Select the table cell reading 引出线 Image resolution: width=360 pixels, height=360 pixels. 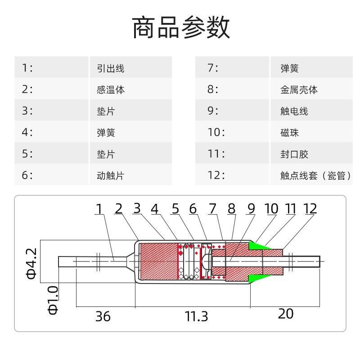pos(110,68)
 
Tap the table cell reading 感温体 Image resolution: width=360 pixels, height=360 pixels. pos(111,90)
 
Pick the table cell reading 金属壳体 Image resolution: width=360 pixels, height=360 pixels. pos(299,90)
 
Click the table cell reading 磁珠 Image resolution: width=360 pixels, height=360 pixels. pos(289,133)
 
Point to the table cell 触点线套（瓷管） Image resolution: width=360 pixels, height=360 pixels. pos(315,175)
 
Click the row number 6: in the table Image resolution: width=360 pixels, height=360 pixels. pos(27,175)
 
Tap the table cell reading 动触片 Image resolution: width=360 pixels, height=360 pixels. pos(110,175)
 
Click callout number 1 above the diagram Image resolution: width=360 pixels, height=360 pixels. pos(99,209)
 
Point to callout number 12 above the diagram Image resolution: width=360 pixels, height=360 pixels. pos(310,209)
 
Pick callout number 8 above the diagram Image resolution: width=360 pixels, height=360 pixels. pos(232,209)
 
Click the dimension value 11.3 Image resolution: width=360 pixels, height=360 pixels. pos(197,316)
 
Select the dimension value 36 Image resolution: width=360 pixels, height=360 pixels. pos(103,316)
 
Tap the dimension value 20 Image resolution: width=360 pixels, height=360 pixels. pos(285,314)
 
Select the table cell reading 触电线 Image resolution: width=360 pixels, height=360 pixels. pos(294,111)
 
